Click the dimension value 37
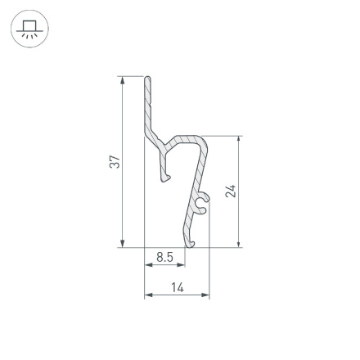coord(115,162)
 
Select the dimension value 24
coord(231,191)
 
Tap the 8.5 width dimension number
coord(164,257)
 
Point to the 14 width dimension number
coord(178,287)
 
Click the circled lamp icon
coord(29,29)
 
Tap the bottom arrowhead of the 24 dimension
coord(239,243)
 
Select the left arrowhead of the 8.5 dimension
coord(148,265)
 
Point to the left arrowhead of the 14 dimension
coord(148,295)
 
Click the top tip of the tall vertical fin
coord(147,79)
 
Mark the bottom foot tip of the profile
coord(191,243)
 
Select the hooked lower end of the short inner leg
coord(166,176)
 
